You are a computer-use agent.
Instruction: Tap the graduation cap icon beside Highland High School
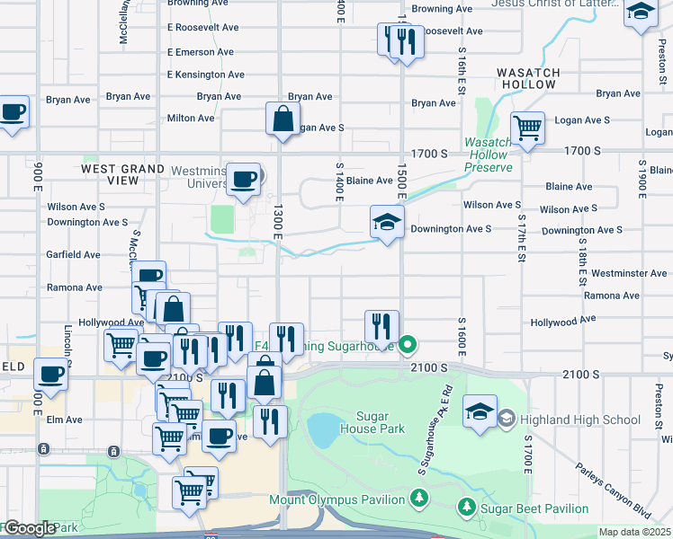[x=480, y=412]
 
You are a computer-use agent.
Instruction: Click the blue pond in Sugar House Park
[x=322, y=430]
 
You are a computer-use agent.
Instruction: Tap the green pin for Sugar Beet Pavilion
[x=465, y=508]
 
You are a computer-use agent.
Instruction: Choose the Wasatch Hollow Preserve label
[x=489, y=155]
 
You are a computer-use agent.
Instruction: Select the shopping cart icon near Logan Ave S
[x=526, y=127]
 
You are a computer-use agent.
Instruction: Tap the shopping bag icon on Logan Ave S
[x=283, y=119]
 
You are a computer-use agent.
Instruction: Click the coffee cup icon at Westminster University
[x=243, y=178]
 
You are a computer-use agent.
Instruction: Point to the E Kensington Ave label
[x=206, y=75]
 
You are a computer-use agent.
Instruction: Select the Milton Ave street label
[x=191, y=118]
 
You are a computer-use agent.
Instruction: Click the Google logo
[x=29, y=528]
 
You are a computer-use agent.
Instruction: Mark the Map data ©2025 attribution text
[x=633, y=532]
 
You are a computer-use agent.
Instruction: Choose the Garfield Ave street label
[x=74, y=255]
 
